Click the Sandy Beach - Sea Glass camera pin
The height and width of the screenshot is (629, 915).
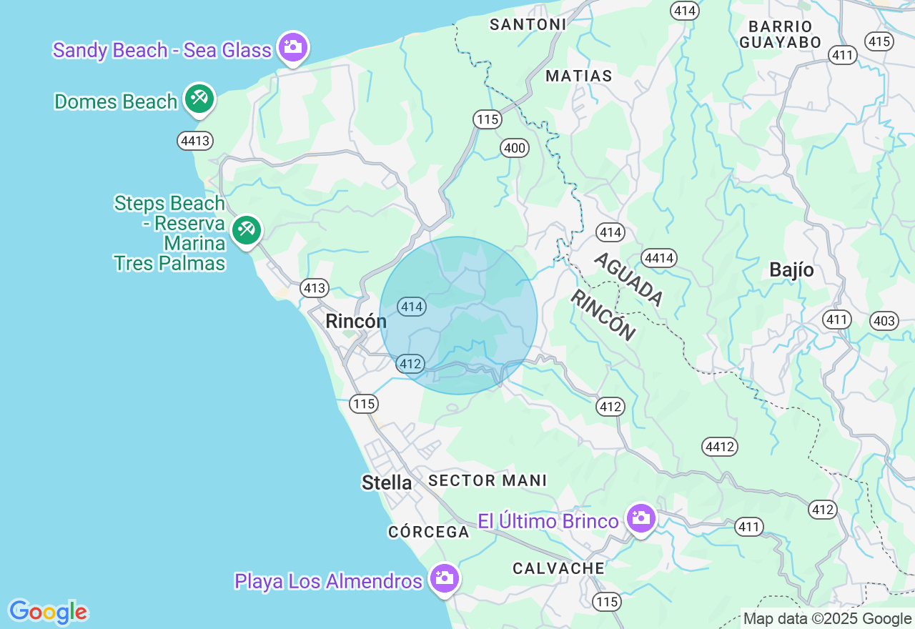point(292,47)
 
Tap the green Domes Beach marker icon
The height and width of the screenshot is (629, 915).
point(199,99)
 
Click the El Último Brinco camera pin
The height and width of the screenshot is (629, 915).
point(640,518)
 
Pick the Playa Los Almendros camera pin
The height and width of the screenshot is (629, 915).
point(444,578)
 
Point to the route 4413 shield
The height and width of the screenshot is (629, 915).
point(195,141)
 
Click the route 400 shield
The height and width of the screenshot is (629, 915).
point(514,149)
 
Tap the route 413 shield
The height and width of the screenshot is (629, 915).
point(314,288)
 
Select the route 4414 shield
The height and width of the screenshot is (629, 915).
point(659,258)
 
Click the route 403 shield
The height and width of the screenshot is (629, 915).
point(884,321)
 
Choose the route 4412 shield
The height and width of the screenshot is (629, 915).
point(720,447)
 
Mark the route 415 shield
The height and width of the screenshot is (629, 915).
point(879,41)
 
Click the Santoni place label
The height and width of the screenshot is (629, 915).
point(528,24)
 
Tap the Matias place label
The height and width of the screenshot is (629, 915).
point(578,76)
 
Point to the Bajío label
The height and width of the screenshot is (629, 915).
point(791,270)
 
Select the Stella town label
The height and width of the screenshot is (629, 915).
point(387,482)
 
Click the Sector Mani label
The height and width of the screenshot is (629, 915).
point(488,480)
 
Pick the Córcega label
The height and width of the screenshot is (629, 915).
point(429,532)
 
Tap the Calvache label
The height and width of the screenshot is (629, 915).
point(558,568)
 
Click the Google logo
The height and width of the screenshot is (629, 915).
point(48,613)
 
